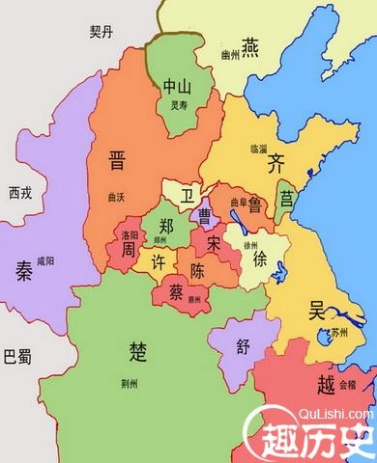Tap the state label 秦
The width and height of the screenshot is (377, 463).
click(x=20, y=269)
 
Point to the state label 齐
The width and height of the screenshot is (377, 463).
click(x=276, y=161)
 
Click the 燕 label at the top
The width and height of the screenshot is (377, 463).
click(x=250, y=44)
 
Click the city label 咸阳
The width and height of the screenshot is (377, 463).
click(x=45, y=261)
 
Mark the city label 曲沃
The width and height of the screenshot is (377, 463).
click(x=119, y=196)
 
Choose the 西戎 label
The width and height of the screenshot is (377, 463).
click(x=18, y=192)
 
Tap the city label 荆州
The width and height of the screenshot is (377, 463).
click(x=143, y=383)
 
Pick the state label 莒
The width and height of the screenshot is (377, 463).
click(x=286, y=199)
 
